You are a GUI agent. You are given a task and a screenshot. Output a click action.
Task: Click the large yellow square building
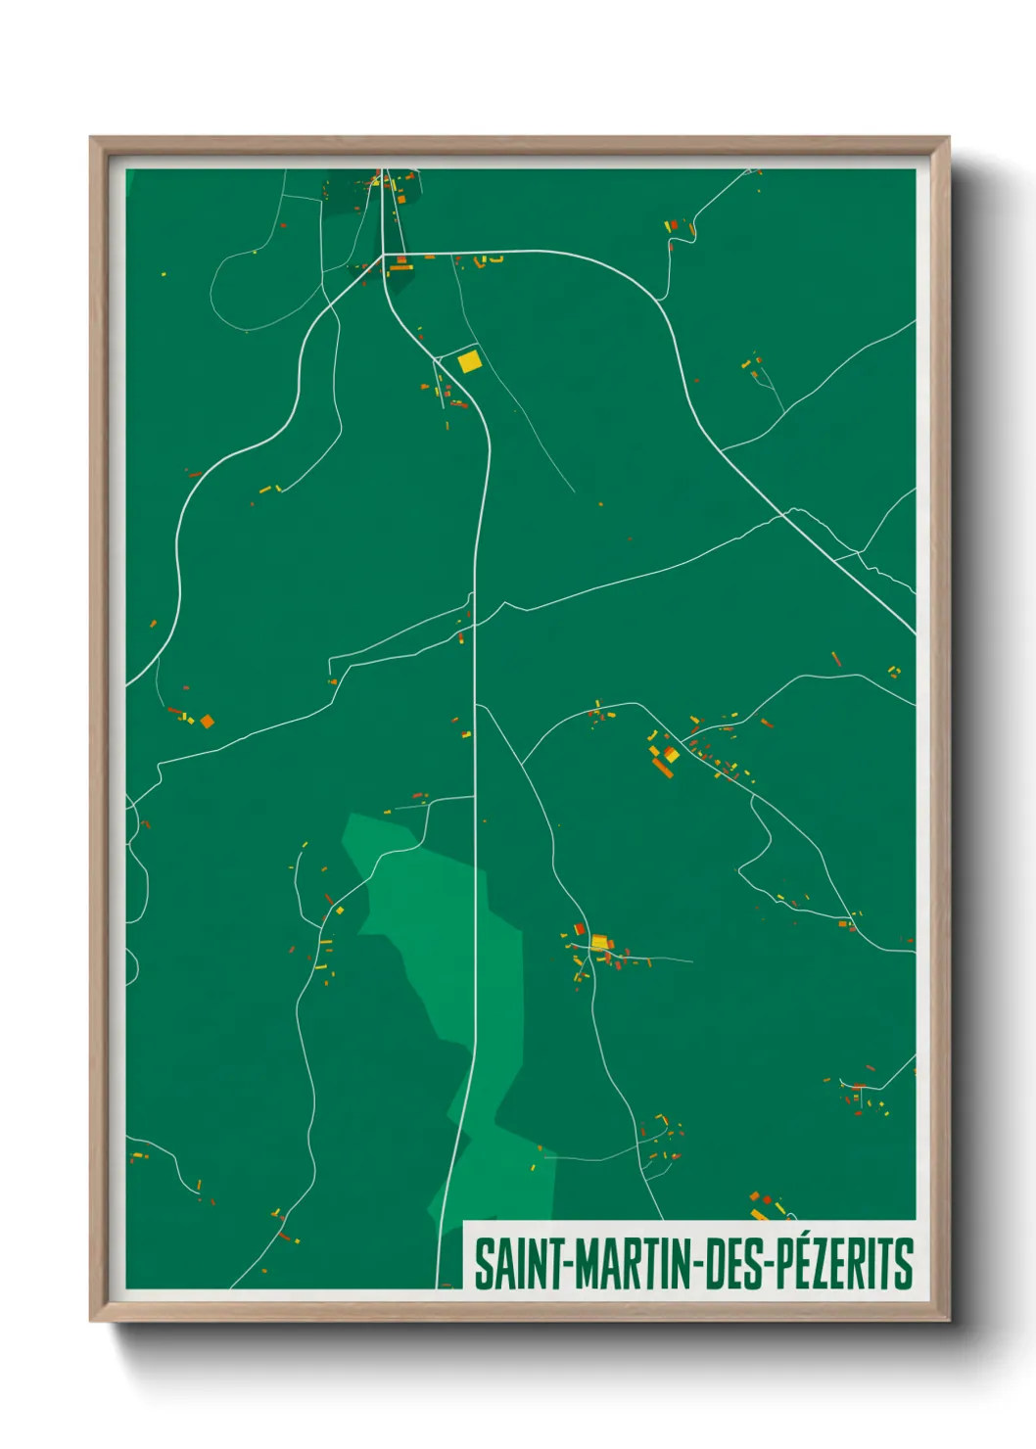tap(469, 361)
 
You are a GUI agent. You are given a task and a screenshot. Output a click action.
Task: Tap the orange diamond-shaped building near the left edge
tap(207, 722)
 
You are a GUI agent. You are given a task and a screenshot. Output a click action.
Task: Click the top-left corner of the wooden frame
tap(91, 138)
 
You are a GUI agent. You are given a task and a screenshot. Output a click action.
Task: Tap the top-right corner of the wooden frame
tap(948, 138)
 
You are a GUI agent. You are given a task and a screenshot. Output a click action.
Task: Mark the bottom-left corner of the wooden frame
tap(91, 1320)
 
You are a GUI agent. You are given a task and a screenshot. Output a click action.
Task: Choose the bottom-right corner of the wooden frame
tap(948, 1320)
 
